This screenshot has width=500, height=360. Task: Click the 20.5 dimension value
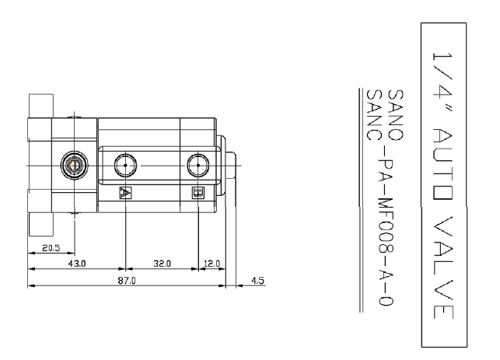(51, 248)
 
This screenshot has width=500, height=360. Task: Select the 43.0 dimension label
(77, 264)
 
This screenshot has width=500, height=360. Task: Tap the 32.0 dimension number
(162, 264)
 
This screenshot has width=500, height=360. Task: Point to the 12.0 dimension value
(212, 264)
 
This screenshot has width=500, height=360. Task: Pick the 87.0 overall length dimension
(127, 281)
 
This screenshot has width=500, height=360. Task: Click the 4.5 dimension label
(257, 281)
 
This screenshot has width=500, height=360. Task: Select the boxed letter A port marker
(125, 193)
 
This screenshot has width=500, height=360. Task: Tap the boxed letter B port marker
(198, 193)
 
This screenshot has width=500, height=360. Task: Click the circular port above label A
(125, 165)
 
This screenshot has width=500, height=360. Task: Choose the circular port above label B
(198, 165)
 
